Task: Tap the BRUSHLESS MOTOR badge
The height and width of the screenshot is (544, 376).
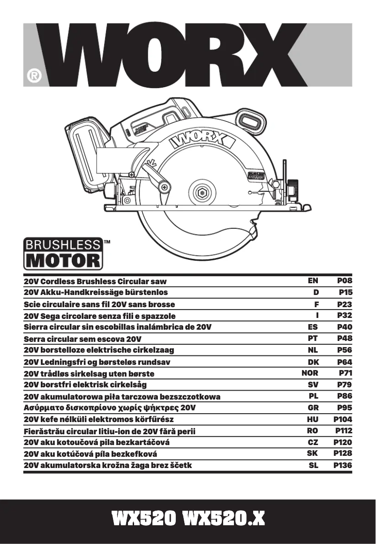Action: click(63, 253)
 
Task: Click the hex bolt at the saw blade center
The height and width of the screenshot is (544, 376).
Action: click(203, 192)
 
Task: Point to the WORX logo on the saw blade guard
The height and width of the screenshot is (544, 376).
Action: click(202, 139)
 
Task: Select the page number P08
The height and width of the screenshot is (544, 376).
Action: click(345, 281)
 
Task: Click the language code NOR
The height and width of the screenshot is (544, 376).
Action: click(310, 373)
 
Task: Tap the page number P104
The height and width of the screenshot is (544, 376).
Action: click(343, 419)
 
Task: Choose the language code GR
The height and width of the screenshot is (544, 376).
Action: click(313, 408)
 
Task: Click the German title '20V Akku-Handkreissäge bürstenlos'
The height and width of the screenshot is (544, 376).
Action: click(96, 293)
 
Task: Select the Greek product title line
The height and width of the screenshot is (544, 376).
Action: click(110, 408)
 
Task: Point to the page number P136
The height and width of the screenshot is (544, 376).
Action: click(343, 466)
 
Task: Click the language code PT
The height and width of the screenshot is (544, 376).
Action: click(313, 338)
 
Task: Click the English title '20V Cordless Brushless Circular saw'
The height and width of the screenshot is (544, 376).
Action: click(95, 281)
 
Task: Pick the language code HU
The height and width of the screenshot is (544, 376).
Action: click(313, 419)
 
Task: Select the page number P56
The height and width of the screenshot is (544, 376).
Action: click(345, 350)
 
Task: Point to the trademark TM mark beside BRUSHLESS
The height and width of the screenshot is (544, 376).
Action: click(107, 242)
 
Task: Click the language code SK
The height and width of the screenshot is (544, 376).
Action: click(313, 453)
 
